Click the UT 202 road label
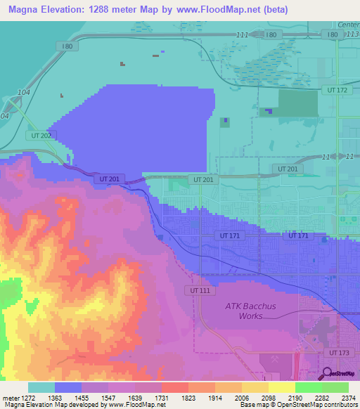(x=41, y=135)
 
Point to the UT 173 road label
(x=338, y=351)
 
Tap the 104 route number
(x=23, y=93)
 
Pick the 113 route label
(x=353, y=34)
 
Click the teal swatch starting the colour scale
(x=41, y=387)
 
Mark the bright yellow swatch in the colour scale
(x=281, y=387)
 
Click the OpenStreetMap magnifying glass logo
(x=328, y=373)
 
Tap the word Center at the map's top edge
(x=348, y=25)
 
